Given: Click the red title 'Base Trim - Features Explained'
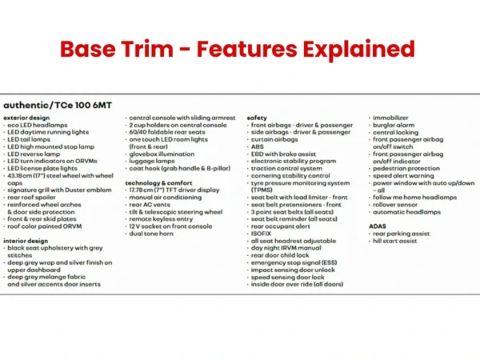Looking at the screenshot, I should (238, 50).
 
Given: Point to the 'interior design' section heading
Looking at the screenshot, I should (26, 239).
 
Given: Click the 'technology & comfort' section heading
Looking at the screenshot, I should (160, 182).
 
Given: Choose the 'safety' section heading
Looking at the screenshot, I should (257, 118).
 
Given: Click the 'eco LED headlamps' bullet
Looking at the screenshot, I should (36, 126).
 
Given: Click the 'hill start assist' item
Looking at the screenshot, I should (397, 240).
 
